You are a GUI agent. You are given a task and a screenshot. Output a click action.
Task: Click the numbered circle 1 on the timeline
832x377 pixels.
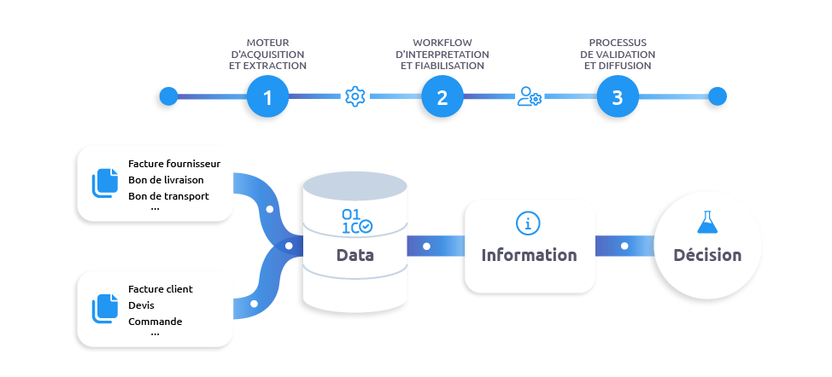pos(267,96)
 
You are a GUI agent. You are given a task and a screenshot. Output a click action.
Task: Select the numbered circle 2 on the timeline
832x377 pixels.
pos(442,96)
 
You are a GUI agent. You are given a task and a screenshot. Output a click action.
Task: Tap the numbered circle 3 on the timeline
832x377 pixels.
pos(616,96)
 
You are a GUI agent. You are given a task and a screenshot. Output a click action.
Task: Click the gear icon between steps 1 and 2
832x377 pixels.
pos(354,96)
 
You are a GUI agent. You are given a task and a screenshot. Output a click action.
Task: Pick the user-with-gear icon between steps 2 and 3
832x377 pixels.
pos(529,96)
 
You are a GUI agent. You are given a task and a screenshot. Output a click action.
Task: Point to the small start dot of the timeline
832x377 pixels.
pos(168,96)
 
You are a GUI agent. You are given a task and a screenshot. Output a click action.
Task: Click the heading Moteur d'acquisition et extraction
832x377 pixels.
pos(267,54)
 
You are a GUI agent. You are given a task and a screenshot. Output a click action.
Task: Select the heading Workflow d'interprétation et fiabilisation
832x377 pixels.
pos(442,54)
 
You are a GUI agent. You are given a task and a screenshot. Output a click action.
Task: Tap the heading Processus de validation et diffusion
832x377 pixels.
pos(617,54)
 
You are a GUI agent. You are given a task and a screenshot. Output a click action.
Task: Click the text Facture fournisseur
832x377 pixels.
pos(174,164)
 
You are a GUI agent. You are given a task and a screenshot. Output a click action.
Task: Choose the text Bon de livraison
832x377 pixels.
pos(166,180)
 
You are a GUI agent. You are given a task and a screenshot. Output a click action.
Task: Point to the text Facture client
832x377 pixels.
pos(161,289)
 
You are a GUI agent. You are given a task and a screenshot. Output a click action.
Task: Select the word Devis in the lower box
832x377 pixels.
pos(142,305)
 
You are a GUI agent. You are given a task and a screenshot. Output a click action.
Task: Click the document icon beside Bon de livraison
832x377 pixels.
pos(105,183)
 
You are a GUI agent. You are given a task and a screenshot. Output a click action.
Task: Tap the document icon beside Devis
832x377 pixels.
pos(105,307)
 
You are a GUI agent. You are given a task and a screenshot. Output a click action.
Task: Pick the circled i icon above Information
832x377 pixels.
pos(529,223)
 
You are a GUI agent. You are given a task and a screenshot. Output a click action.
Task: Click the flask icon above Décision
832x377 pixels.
pos(706,223)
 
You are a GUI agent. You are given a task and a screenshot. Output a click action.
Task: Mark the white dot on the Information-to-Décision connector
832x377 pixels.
pos(624,246)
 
